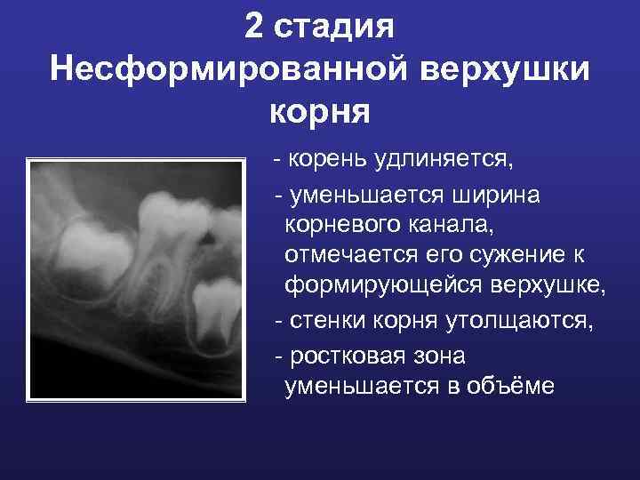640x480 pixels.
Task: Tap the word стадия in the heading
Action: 334,27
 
